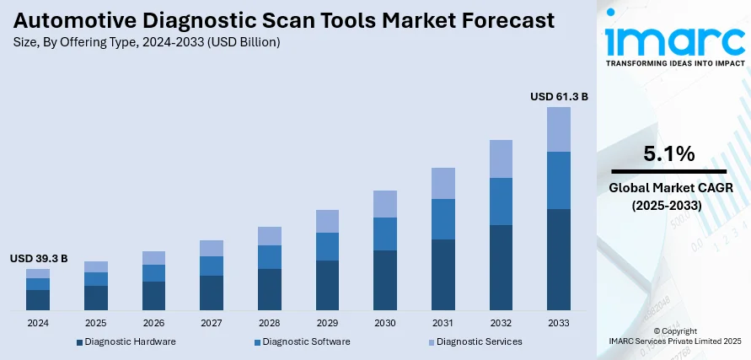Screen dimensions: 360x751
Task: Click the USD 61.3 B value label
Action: pos(559,97)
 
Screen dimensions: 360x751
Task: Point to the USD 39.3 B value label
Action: pos(39,258)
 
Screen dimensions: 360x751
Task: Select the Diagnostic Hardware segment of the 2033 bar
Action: pos(559,259)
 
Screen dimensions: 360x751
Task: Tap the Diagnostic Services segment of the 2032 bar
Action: pos(501,159)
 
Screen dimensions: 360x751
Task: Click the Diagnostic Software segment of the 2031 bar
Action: pos(443,219)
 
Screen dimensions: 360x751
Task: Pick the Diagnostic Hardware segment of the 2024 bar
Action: pos(38,300)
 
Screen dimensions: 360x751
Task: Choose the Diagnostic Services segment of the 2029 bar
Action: pos(327,221)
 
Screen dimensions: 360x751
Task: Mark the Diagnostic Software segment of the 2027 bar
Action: pos(212,266)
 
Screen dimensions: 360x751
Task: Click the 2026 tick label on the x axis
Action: pos(153,323)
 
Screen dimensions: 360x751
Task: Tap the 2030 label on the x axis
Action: pos(385,323)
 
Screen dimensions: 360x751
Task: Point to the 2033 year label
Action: pos(559,323)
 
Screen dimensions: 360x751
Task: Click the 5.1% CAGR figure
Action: pos(668,153)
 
